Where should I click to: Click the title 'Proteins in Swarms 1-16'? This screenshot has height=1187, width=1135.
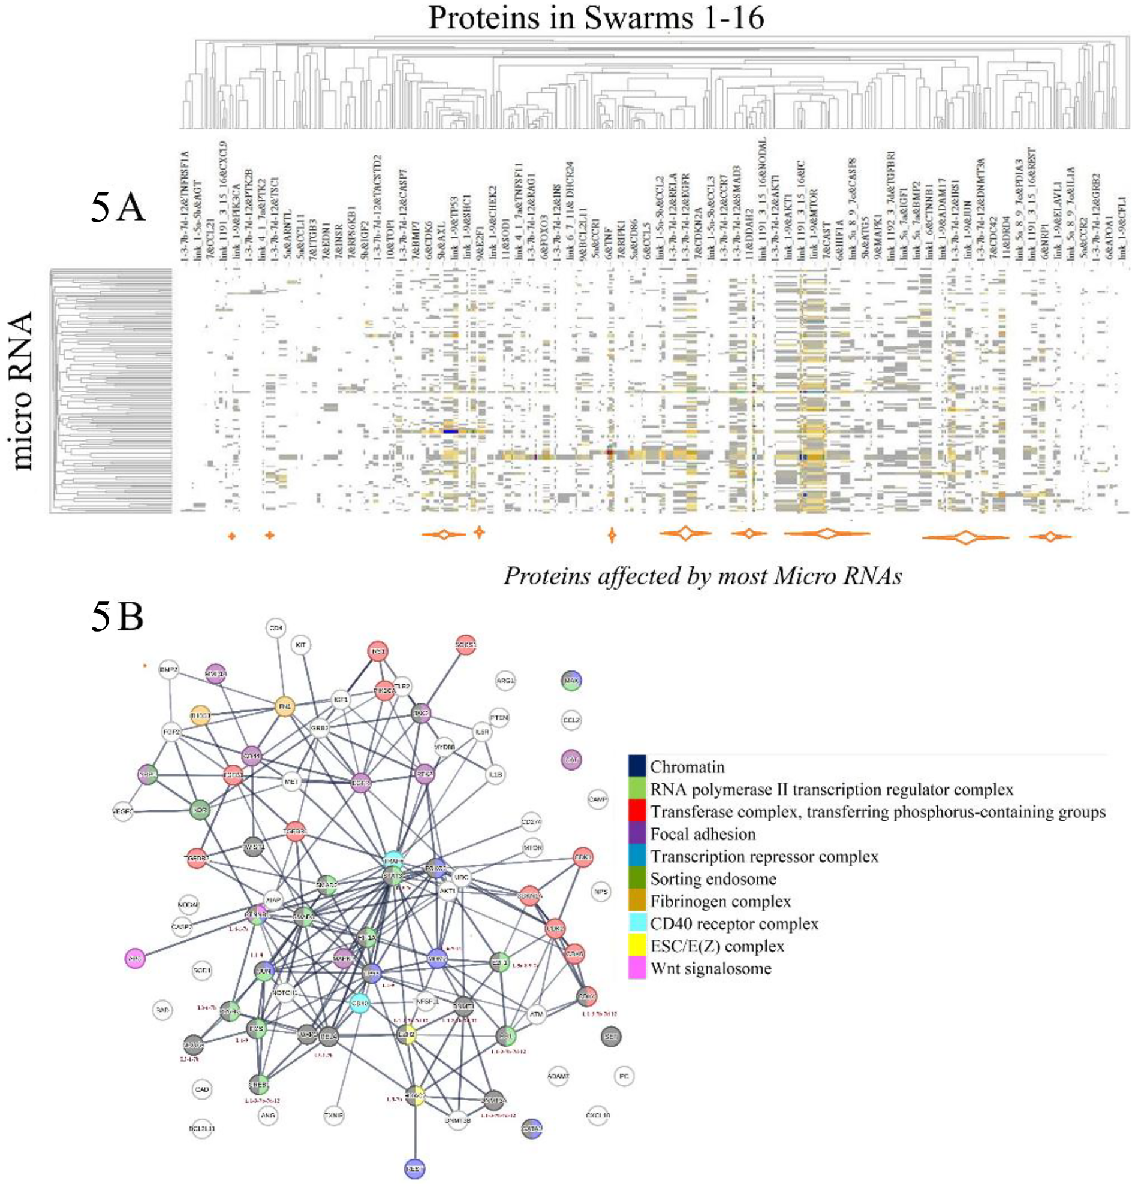pos(596,18)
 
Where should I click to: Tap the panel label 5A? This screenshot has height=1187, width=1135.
pos(118,207)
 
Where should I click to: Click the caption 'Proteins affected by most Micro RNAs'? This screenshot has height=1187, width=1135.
pos(703,576)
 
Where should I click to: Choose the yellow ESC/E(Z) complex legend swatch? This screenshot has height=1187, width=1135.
pos(637,946)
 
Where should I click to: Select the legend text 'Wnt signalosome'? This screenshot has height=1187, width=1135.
pos(710,969)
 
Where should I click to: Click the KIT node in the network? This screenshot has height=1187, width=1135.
pos(301,645)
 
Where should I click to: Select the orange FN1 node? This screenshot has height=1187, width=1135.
pos(284,706)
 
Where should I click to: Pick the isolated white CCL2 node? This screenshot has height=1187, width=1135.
pos(571,720)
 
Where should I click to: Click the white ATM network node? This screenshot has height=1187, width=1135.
pos(537,1014)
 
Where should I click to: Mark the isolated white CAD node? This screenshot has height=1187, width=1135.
pos(202,1089)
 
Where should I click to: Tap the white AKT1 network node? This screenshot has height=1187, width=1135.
pos(448,892)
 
